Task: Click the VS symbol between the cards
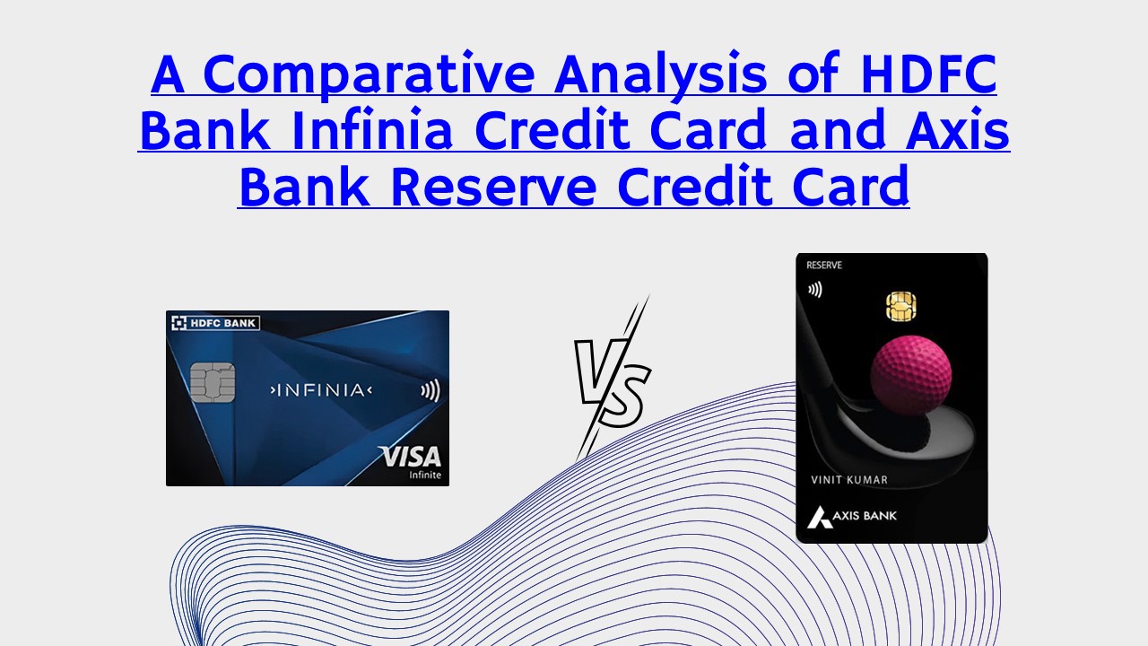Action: [613, 380]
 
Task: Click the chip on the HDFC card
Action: [213, 384]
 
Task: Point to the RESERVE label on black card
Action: [823, 266]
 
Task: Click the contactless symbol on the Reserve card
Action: [814, 290]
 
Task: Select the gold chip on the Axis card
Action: [900, 306]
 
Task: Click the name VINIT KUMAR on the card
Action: [848, 480]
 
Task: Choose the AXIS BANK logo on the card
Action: [852, 516]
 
